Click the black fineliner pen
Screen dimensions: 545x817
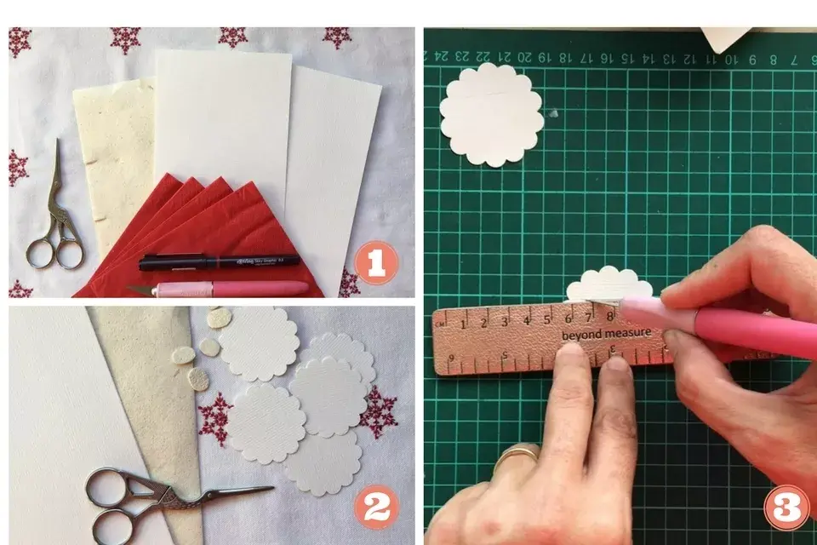[219, 261]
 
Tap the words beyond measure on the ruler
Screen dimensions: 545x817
[606, 333]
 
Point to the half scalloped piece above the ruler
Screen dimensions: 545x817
[609, 284]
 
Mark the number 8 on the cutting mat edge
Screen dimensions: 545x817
[774, 60]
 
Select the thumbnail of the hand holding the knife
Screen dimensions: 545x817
[672, 294]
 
